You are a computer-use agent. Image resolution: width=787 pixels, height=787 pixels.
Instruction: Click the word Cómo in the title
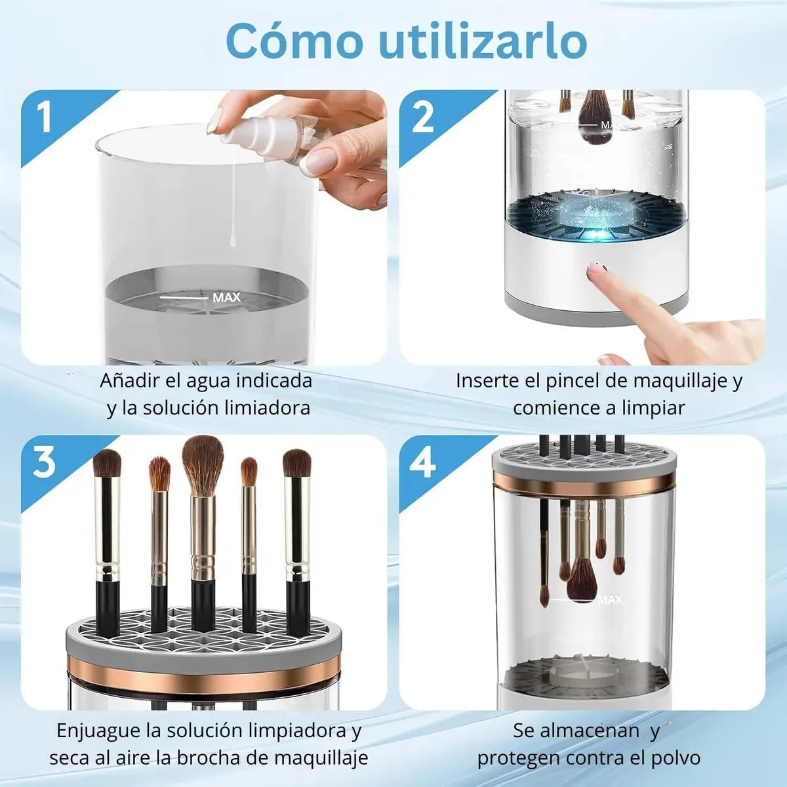coord(293,42)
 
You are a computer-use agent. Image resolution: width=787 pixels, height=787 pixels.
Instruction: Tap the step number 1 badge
coord(44,117)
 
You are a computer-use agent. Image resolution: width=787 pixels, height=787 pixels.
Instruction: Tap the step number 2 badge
coord(423,117)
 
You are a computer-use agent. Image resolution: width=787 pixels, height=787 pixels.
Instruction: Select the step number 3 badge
coord(44,462)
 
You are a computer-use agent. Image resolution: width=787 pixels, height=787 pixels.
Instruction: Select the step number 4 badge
coord(423,463)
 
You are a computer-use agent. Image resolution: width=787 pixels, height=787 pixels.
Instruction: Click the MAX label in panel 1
coord(226,298)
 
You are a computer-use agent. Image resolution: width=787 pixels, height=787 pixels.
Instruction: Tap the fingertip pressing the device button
coord(598,270)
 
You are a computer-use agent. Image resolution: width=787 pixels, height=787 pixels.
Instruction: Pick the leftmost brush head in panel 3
coord(107,463)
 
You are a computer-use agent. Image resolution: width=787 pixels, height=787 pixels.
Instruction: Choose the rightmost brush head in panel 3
coord(297,463)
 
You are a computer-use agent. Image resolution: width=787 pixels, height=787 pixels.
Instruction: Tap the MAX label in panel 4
coord(610,599)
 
